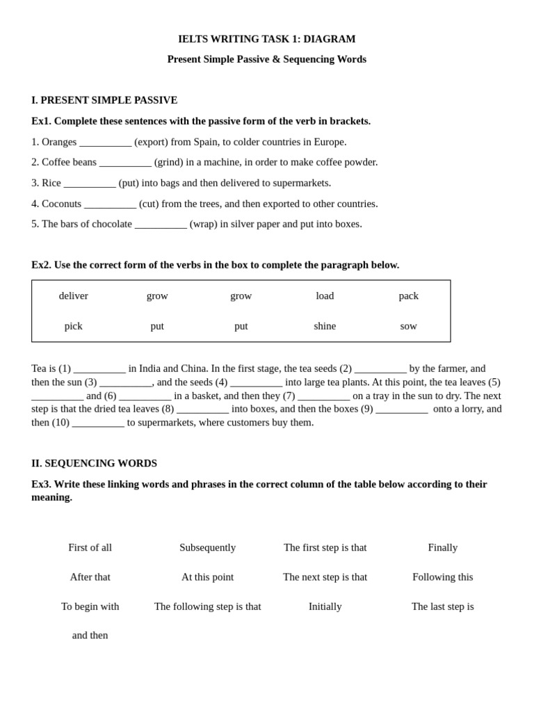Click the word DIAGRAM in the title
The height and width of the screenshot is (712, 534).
pos(329,39)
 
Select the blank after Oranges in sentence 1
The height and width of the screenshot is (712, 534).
pos(105,143)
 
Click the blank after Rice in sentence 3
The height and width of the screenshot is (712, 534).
pos(90,184)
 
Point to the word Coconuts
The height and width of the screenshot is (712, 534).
pos(61,204)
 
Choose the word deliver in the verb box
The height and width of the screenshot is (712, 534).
pos(74,296)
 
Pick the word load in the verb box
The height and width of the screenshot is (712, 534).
pos(325,296)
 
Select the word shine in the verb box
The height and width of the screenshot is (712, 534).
pos(325,325)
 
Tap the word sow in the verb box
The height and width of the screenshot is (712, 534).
pos(408,325)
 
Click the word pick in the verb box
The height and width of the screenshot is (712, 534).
pos(74,325)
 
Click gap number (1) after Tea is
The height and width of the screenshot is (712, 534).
pos(99,369)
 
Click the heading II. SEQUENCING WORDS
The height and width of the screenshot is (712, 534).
pos(94,463)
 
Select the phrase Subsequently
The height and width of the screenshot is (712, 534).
pos(207,547)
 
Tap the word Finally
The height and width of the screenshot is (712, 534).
pos(443,547)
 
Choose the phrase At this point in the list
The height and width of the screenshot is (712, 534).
pos(207,577)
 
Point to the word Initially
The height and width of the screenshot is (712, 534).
pos(325,606)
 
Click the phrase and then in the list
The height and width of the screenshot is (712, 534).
pos(90,635)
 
